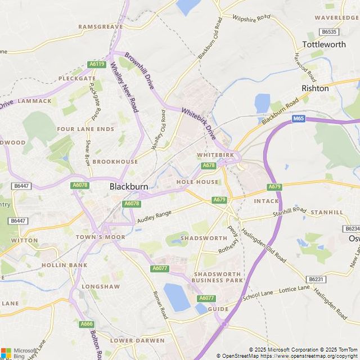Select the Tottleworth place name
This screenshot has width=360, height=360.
coord(324,44)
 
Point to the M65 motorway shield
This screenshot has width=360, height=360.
coord(299,119)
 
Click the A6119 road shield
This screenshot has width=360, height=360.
coord(97,65)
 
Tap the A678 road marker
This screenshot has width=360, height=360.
coord(209,165)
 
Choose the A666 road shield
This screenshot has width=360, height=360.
coord(86,324)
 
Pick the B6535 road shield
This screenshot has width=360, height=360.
coord(328,32)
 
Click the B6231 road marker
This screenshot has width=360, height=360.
coord(316,279)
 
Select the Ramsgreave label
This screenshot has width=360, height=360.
coord(101,26)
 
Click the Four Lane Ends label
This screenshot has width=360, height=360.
coord(85,129)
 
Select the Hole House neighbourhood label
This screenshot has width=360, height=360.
coord(197,182)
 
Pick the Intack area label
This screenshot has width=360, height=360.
coord(266,201)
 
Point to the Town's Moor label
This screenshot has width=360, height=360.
coord(100,237)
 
